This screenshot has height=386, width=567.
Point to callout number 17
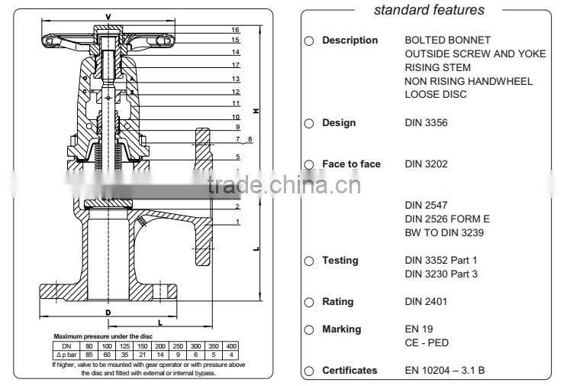pyautogui.click(x=237, y=65)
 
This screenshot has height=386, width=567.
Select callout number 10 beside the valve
pyautogui.click(x=237, y=116)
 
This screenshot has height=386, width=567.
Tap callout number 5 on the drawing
pyautogui.click(x=237, y=157)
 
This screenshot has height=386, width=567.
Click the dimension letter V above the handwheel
pyautogui.click(x=108, y=15)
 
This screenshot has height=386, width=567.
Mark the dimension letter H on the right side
pyautogui.click(x=256, y=112)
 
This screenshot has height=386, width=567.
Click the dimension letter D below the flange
pyautogui.click(x=108, y=313)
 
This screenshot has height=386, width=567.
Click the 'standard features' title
pyautogui.click(x=428, y=10)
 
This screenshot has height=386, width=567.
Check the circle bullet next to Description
pyautogui.click(x=309, y=41)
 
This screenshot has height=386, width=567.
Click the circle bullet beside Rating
pyautogui.click(x=309, y=302)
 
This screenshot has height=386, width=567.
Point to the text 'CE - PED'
pyautogui.click(x=426, y=343)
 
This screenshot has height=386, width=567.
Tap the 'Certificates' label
pyautogui.click(x=349, y=371)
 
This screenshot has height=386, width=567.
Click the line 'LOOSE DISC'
pyautogui.click(x=433, y=95)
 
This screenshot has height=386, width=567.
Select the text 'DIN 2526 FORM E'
pyautogui.click(x=446, y=219)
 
